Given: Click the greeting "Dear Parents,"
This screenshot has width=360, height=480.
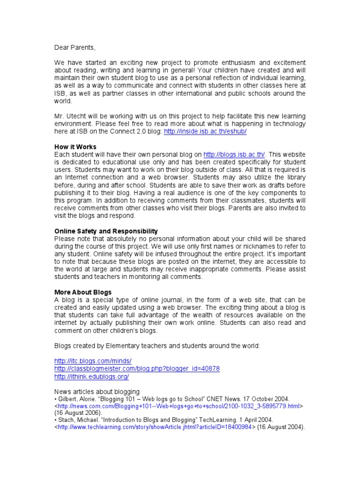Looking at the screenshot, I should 75,47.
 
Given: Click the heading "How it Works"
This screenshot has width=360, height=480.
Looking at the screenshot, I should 75,147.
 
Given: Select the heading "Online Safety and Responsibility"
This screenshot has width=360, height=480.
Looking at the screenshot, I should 106,231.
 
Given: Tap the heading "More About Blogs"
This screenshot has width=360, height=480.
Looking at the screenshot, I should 83,292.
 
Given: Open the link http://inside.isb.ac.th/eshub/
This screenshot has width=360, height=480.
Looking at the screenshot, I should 205,132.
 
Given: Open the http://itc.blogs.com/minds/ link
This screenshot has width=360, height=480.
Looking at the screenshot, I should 93,360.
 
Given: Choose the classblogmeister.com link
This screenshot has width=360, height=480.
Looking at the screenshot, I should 137,368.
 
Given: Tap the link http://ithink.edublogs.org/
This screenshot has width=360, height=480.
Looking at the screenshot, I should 91,376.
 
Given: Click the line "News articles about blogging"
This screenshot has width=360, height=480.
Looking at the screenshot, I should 97,391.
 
